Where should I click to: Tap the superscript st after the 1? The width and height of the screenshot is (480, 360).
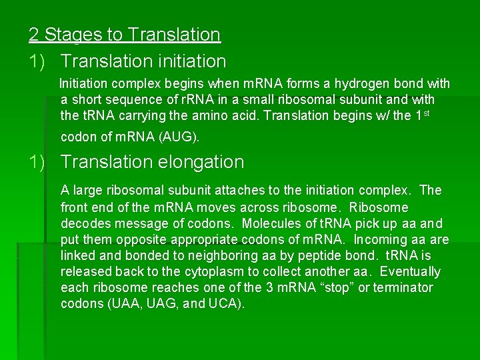click(x=428, y=113)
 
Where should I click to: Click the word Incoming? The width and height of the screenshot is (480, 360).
click(x=383, y=239)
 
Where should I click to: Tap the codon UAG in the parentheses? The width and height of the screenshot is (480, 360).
click(x=157, y=305)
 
